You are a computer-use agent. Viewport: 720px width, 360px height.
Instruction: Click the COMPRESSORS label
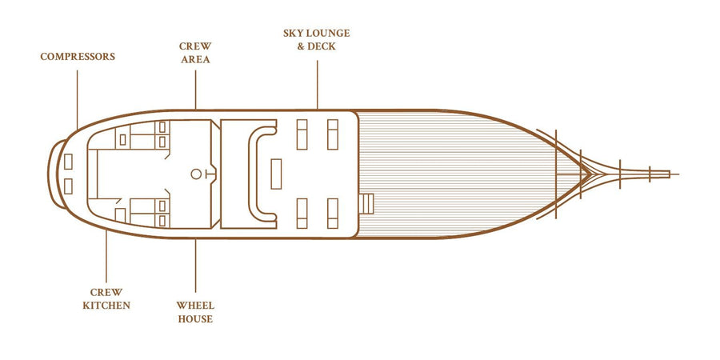[x=78, y=57]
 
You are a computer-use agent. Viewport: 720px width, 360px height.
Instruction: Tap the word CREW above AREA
[x=195, y=46]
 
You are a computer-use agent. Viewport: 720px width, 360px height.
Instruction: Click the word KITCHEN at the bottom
[x=106, y=306]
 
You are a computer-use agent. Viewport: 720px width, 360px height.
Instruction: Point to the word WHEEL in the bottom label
[x=195, y=306]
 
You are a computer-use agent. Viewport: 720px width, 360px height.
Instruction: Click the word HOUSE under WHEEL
[x=195, y=318]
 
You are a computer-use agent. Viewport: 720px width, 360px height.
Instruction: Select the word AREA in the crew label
[x=195, y=60]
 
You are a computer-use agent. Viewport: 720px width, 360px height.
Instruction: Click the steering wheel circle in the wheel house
[x=196, y=174]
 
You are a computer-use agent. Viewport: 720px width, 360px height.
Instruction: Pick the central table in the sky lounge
[x=276, y=174]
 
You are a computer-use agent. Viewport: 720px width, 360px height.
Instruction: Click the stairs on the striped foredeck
[x=366, y=204]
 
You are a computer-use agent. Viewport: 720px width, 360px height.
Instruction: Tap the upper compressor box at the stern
[x=68, y=162]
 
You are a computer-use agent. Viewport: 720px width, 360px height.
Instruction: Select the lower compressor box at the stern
[x=68, y=186]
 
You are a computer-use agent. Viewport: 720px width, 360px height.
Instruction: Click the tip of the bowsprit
[x=678, y=174]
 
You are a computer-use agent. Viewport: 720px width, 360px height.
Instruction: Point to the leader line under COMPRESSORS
[x=77, y=100]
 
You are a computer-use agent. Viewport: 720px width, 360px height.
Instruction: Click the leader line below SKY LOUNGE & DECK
[x=318, y=85]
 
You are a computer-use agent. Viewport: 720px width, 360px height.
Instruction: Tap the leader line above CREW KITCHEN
[x=106, y=256]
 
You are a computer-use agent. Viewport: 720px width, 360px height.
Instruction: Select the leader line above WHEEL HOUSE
[x=195, y=266]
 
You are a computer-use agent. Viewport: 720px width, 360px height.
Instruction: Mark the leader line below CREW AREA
[x=195, y=90]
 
